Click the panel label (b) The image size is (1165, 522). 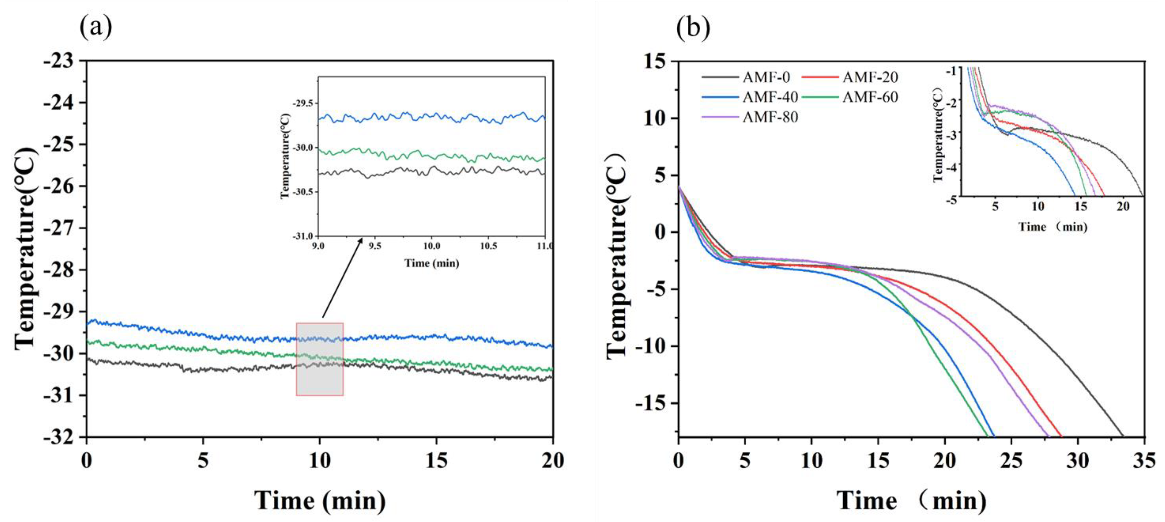693,28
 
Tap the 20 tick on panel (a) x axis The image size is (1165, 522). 552,461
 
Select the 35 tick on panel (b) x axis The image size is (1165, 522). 1145,461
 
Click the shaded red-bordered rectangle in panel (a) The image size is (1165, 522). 320,359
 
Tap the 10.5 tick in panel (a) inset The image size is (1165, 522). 488,246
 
